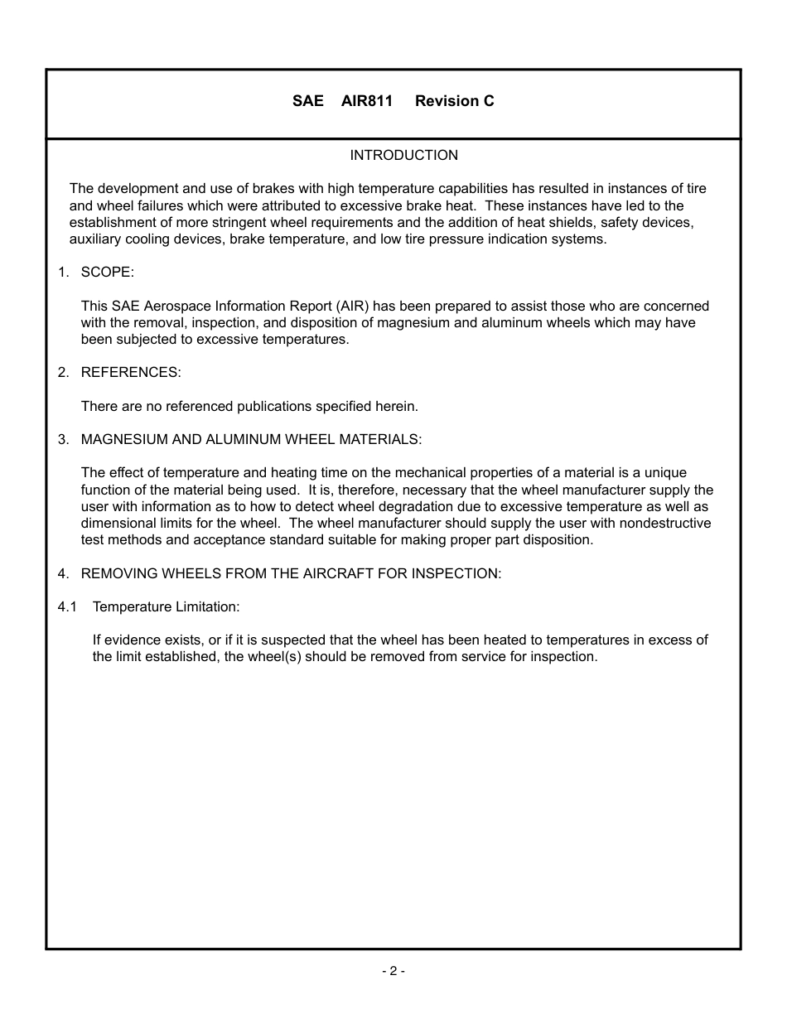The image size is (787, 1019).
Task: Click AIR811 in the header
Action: (x=366, y=101)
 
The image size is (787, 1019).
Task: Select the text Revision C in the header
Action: (x=454, y=101)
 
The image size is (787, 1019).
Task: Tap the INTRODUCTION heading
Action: (x=403, y=156)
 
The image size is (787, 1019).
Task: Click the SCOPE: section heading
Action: (x=107, y=273)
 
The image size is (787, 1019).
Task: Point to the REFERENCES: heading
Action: (x=130, y=373)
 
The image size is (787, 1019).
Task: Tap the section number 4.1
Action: (x=67, y=607)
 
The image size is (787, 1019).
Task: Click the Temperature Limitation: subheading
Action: (x=166, y=607)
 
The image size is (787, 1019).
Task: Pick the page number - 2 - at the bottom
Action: (x=393, y=971)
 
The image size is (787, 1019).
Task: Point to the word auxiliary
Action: (x=96, y=239)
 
